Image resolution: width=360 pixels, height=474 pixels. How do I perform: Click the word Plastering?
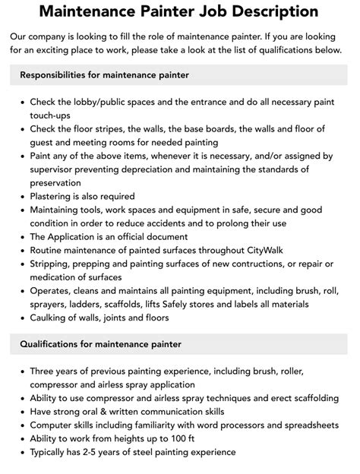[55, 195]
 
